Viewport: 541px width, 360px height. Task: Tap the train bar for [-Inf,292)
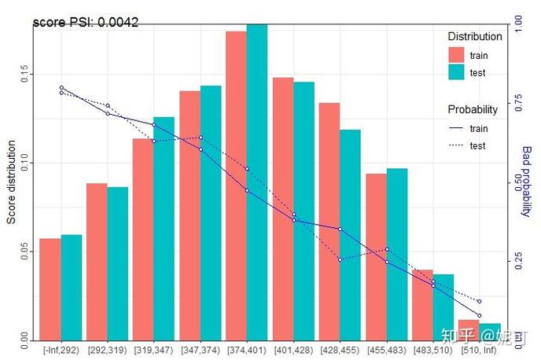pos(50,288)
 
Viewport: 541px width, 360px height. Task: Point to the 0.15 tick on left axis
pos(26,75)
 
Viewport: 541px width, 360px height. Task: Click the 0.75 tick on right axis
pos(518,102)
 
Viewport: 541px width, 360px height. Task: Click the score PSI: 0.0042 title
pos(86,23)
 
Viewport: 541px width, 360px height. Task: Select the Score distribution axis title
pos(11,182)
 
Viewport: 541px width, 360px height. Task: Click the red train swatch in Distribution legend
pos(457,55)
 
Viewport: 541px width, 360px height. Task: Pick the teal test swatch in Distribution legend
pos(457,72)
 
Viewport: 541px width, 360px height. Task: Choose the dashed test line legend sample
pos(457,145)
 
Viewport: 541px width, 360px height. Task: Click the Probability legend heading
pos(474,109)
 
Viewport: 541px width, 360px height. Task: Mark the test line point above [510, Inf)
pos(479,301)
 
